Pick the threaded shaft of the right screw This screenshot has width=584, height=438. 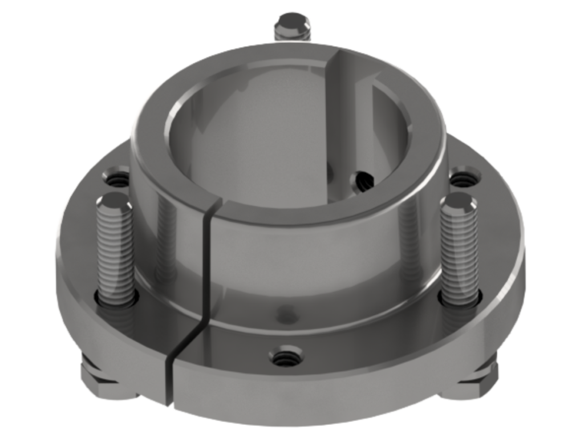(460, 251)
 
